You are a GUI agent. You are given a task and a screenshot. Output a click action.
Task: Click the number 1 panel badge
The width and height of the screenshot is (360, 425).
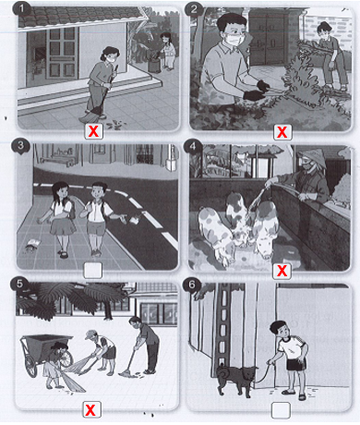21,8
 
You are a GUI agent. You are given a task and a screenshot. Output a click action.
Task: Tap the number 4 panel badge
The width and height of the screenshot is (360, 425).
193,146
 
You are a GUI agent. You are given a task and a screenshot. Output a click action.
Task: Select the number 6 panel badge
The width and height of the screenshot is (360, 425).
191,285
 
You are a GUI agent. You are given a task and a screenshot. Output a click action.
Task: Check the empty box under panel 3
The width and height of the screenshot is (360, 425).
92,270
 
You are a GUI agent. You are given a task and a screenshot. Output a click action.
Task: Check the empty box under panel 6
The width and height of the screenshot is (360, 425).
281,410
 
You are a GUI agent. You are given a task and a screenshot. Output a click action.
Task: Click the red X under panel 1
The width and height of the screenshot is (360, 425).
93,131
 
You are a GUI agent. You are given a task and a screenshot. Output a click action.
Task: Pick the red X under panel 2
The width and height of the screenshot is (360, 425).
282,132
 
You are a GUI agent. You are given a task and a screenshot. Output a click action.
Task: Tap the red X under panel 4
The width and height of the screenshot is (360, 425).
282,271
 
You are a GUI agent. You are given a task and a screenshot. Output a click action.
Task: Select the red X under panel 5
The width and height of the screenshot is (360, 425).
90,409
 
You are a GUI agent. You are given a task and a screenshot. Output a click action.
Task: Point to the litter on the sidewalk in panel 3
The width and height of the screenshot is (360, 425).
32,245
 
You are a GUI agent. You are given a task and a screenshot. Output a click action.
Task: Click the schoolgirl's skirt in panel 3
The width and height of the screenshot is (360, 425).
63,227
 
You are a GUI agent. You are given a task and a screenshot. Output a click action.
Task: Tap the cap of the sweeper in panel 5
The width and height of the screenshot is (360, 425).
91,334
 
